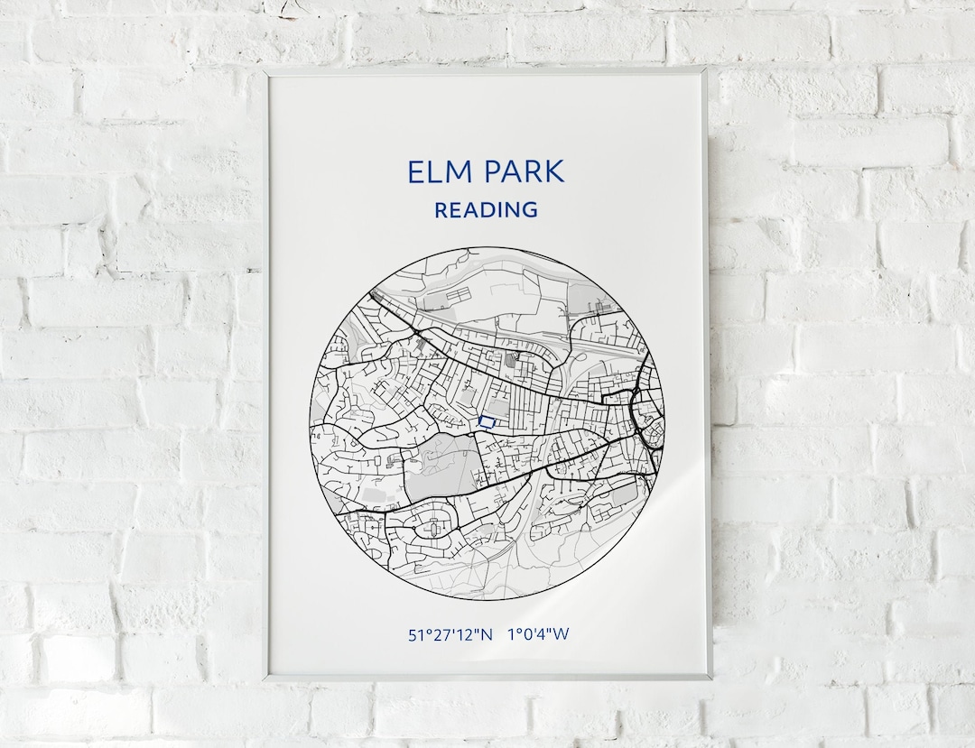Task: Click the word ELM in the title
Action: click(x=437, y=171)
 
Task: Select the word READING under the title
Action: click(x=486, y=210)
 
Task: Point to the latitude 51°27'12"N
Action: click(x=450, y=634)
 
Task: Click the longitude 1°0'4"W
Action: click(x=539, y=634)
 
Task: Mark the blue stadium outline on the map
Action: click(x=487, y=420)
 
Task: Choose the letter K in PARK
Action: click(x=554, y=171)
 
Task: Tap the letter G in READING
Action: click(x=530, y=210)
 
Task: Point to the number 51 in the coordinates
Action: click(x=416, y=634)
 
